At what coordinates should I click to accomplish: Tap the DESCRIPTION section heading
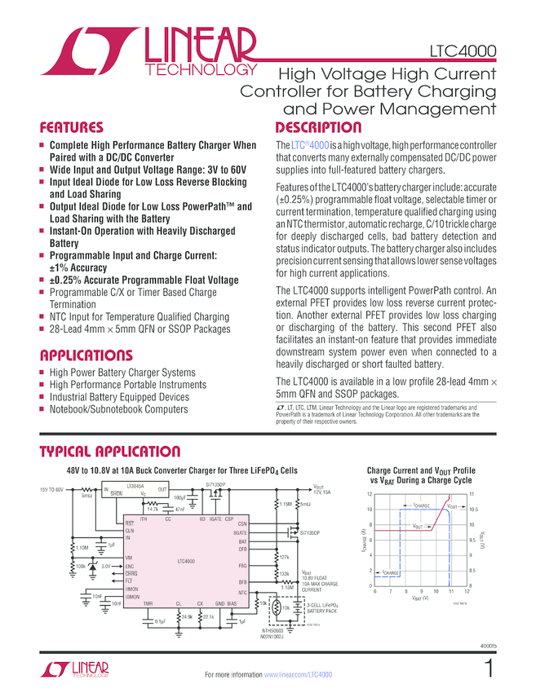tap(318, 127)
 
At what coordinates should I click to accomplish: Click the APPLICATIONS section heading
tap(86, 355)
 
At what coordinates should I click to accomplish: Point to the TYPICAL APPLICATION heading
tap(110, 452)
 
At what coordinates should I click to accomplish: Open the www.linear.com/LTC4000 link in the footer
tap(298, 675)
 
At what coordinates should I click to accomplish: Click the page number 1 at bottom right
tap(488, 669)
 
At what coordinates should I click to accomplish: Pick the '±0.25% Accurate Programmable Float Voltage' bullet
tap(144, 280)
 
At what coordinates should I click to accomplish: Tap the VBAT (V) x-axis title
tap(419, 598)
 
